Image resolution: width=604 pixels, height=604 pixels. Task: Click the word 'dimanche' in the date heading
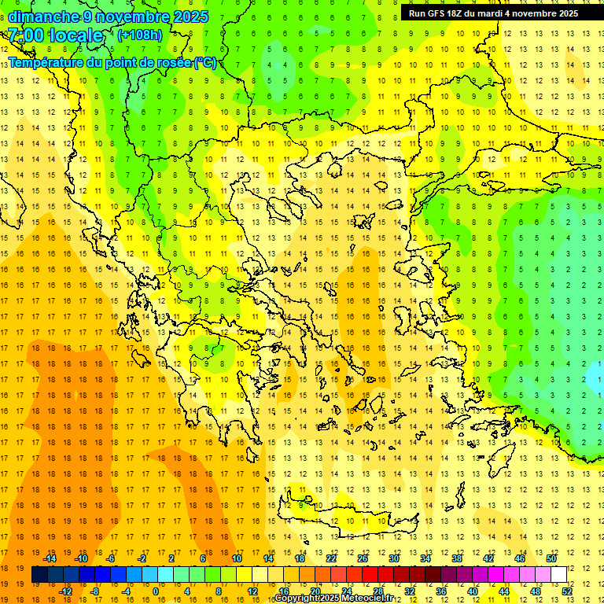43,17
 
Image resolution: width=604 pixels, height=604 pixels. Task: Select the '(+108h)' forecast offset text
140,35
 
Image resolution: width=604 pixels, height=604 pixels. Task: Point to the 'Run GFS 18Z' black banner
493,13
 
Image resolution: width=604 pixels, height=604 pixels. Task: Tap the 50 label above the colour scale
551,558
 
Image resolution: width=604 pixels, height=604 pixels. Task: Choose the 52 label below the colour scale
568,591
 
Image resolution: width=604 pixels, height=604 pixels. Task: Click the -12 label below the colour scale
65,591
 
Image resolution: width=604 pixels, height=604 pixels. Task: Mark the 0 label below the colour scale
156,591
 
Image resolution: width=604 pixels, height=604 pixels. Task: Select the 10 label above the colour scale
237,558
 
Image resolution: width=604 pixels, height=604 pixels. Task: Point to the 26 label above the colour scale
363,558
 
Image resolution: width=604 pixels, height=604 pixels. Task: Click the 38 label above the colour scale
457,558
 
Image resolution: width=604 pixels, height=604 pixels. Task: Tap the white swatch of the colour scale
559,574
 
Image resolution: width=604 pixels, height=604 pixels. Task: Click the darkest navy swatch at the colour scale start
39,574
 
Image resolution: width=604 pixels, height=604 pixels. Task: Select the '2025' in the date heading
191,17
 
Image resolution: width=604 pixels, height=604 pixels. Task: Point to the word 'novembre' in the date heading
133,17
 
